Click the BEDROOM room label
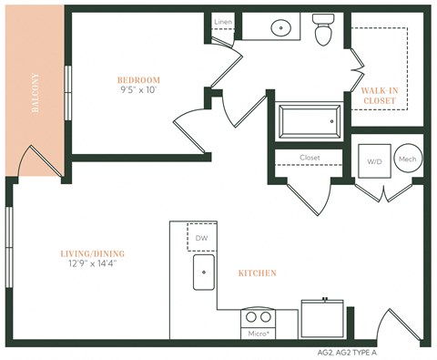click(x=138, y=79)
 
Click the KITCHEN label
click(x=258, y=273)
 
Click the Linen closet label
click(x=222, y=21)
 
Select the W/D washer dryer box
click(x=373, y=162)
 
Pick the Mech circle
click(x=407, y=160)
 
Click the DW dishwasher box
click(x=200, y=238)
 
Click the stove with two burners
click(x=259, y=318)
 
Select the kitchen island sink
click(x=203, y=272)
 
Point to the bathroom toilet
click(x=323, y=30)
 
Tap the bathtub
click(x=310, y=119)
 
